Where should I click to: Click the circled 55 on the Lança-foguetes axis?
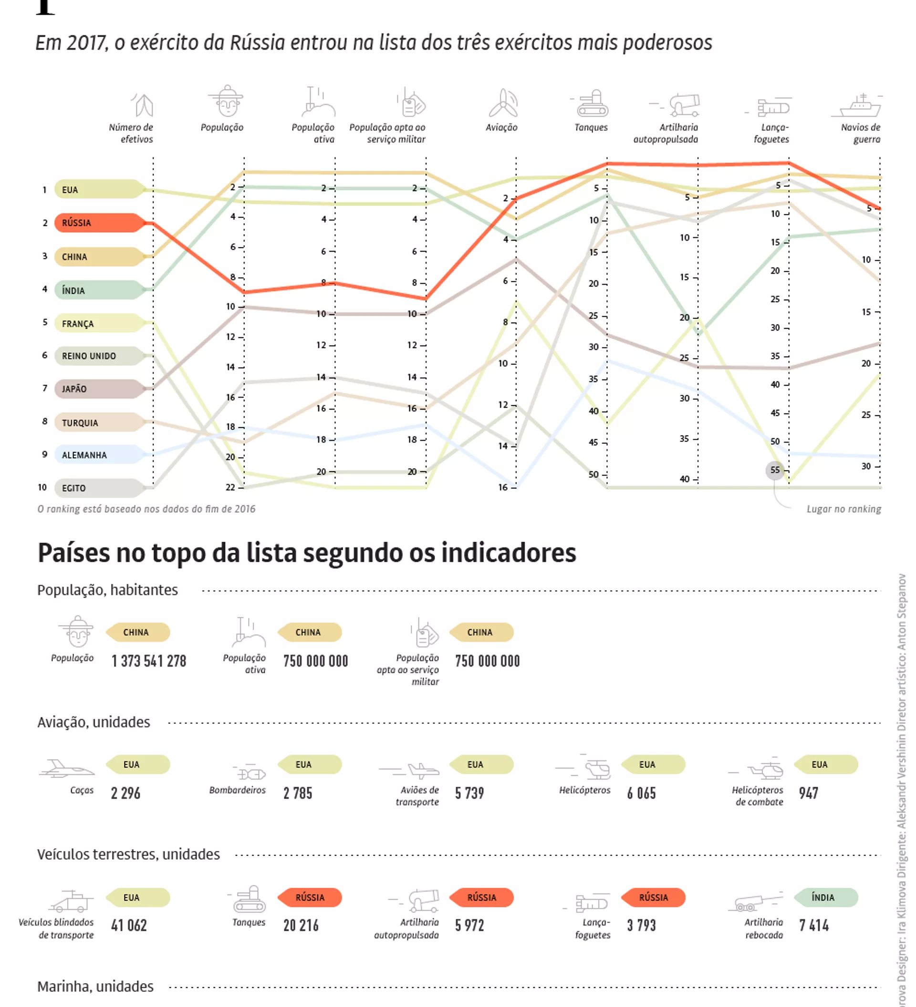[775, 470]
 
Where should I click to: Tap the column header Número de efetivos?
[131, 133]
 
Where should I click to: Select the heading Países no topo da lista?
[306, 553]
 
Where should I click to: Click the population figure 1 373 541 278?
[149, 661]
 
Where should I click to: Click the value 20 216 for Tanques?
[301, 925]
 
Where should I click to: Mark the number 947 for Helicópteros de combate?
[808, 793]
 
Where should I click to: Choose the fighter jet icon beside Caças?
[66, 769]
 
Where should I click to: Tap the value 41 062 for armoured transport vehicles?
[129, 925]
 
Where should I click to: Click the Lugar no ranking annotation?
[843, 509]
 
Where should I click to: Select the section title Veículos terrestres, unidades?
[128, 854]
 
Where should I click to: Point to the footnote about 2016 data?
[146, 509]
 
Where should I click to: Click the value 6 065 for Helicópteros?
[642, 793]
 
